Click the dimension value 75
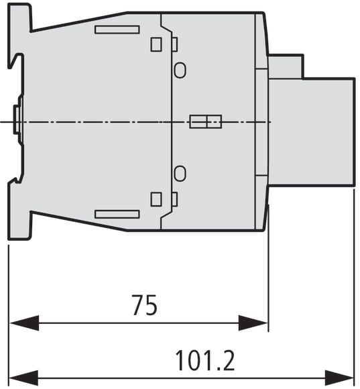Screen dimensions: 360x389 pos(145,305)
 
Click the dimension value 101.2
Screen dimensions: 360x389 pos(204,360)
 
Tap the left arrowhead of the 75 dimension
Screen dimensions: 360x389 pos(24,323)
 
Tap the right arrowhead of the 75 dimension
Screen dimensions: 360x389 pos(253,323)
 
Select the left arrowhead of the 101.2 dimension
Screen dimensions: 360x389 pos(23,378)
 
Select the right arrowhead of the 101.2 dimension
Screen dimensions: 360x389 pos(339,378)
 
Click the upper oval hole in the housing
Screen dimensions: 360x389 pos(180,70)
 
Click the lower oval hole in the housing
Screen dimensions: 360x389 pos(180,174)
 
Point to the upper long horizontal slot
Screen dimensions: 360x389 pos(117,30)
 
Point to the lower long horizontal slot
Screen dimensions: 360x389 pos(117,215)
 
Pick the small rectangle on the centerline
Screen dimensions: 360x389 pos(206,121)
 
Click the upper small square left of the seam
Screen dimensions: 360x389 pos(156,44)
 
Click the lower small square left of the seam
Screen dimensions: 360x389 pos(156,199)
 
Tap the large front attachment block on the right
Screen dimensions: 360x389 pos(312,132)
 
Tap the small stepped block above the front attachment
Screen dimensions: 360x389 pos(286,66)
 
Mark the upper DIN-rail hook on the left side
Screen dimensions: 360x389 pos(16,61)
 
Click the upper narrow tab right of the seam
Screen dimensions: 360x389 pos(175,44)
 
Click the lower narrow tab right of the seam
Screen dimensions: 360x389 pos(175,199)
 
